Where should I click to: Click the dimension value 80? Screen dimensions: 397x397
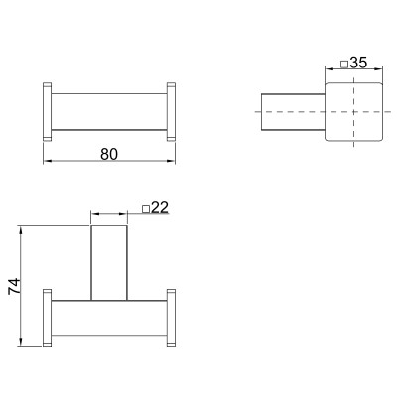[x=109, y=154]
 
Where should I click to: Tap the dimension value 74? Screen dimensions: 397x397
[x=15, y=286]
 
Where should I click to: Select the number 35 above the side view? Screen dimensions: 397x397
[x=358, y=63]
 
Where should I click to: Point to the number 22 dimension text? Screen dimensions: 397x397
[x=160, y=207]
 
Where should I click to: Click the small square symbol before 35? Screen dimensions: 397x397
[x=344, y=64]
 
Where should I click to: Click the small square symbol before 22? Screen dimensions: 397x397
[x=146, y=209]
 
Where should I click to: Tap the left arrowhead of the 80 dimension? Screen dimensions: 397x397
[x=48, y=161]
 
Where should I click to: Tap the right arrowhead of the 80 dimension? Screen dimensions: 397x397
[x=171, y=161]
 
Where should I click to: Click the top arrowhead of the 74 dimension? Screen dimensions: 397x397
[x=21, y=230]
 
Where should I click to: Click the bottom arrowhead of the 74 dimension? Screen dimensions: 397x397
[x=21, y=342]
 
